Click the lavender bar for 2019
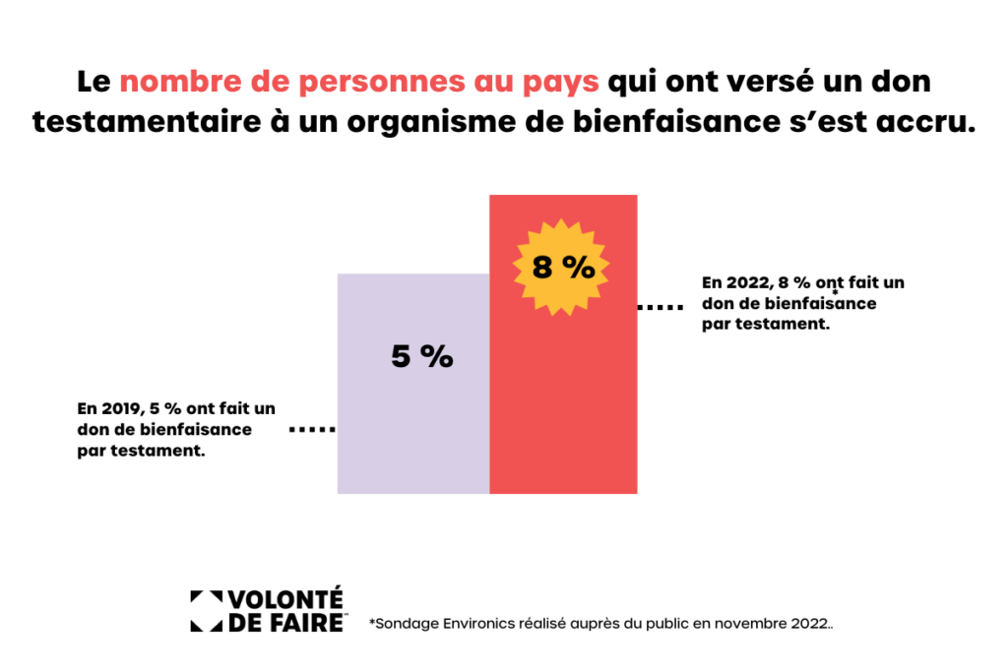pyautogui.click(x=412, y=423)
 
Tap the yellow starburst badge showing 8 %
pyautogui.click(x=562, y=266)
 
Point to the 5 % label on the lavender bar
pyautogui.click(x=421, y=356)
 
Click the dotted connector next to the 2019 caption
pyautogui.click(x=312, y=430)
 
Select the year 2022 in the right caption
pyautogui.click(x=748, y=282)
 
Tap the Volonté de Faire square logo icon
pyautogui.click(x=206, y=610)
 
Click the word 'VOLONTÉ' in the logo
pyautogui.click(x=285, y=599)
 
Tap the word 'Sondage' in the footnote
pyautogui.click(x=402, y=624)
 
